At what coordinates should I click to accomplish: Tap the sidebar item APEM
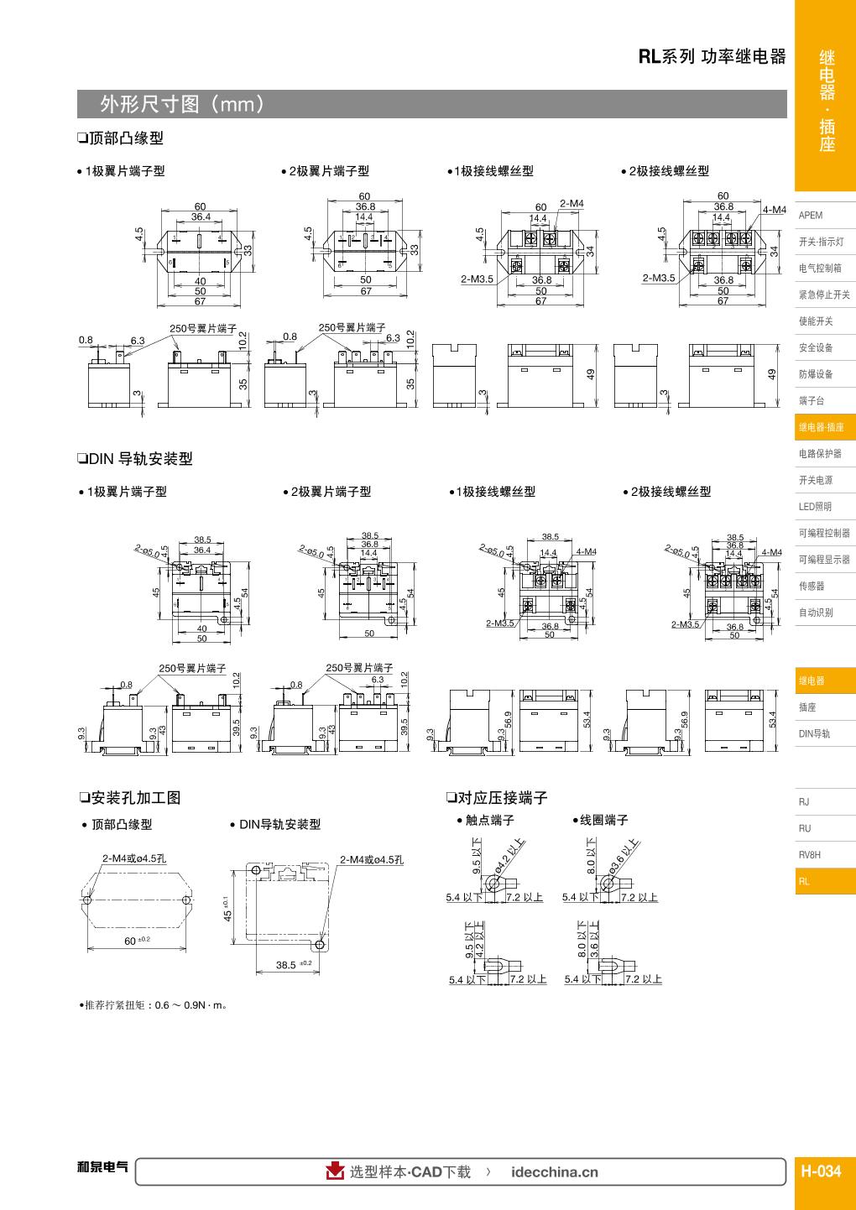[x=811, y=215]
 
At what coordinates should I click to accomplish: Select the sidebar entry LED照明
[x=815, y=507]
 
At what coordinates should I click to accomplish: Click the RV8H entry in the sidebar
[x=810, y=855]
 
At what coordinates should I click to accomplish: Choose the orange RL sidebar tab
[x=805, y=882]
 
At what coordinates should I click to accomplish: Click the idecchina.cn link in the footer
[x=554, y=1172]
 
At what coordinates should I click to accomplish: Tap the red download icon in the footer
[x=336, y=1171]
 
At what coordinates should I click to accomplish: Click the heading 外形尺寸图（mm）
[x=184, y=104]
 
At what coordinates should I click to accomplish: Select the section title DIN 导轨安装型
[x=135, y=459]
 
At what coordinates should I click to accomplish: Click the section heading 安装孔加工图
[x=130, y=798]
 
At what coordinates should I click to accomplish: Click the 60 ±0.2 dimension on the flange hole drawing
[x=136, y=941]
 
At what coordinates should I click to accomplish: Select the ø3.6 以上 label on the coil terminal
[x=626, y=856]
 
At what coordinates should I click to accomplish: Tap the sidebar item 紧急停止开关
[x=824, y=295]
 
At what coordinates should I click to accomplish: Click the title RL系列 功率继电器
[x=712, y=57]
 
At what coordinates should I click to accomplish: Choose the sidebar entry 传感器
[x=812, y=586]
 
